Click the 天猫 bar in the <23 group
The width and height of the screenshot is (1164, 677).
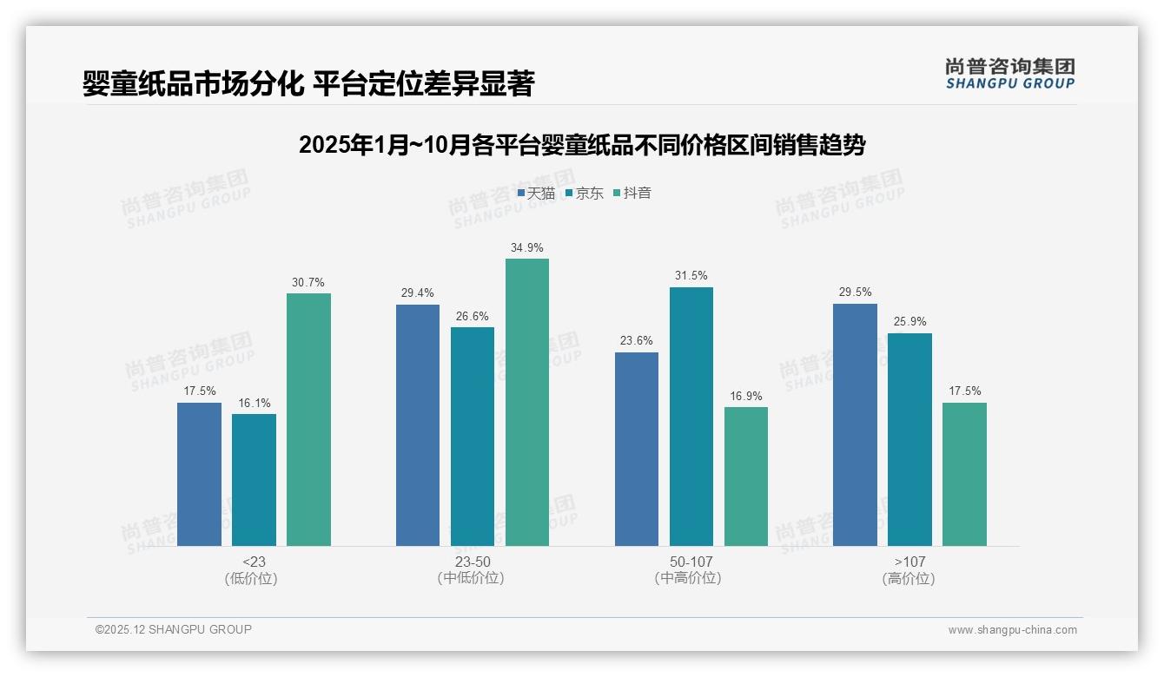click(199, 474)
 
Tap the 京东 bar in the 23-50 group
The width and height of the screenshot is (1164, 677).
click(473, 437)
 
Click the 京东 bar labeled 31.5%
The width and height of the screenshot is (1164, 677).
click(691, 417)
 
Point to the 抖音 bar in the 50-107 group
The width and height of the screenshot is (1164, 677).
click(746, 477)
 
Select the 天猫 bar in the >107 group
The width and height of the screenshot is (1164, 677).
click(855, 424)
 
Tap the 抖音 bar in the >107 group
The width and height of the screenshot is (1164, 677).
click(964, 474)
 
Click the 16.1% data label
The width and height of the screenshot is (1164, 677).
click(254, 403)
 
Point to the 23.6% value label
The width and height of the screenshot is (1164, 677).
click(636, 341)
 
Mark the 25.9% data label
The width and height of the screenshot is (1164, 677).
click(909, 322)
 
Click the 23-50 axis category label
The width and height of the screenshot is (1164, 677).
click(473, 562)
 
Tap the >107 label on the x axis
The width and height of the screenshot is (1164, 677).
click(909, 562)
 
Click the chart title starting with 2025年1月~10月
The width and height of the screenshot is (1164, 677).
click(582, 145)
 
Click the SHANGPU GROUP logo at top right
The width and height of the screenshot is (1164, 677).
click(1010, 73)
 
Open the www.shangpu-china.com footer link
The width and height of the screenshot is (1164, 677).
click(1012, 630)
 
